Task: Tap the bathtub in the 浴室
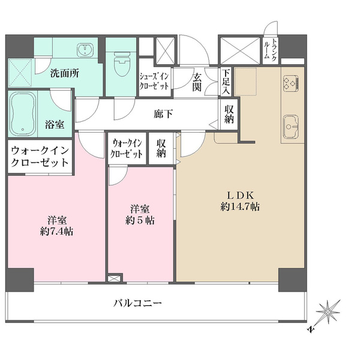[x=23, y=113]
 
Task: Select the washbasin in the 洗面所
[x=85, y=50]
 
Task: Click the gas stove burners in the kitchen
[x=291, y=83]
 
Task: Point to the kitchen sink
[x=291, y=126]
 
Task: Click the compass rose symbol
[x=327, y=313]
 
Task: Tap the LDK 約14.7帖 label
[x=240, y=202]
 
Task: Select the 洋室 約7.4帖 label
[x=57, y=226]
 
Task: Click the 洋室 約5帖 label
[x=140, y=215]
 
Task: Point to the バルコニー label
[x=137, y=303]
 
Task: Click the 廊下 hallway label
[x=163, y=114]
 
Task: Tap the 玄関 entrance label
[x=197, y=83]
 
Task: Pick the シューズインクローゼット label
[x=154, y=81]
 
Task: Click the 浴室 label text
[x=55, y=125]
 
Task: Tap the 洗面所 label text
[x=65, y=73]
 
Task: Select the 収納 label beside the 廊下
[x=229, y=115]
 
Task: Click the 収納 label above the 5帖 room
[x=161, y=149]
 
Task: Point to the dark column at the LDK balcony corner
[x=293, y=280]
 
